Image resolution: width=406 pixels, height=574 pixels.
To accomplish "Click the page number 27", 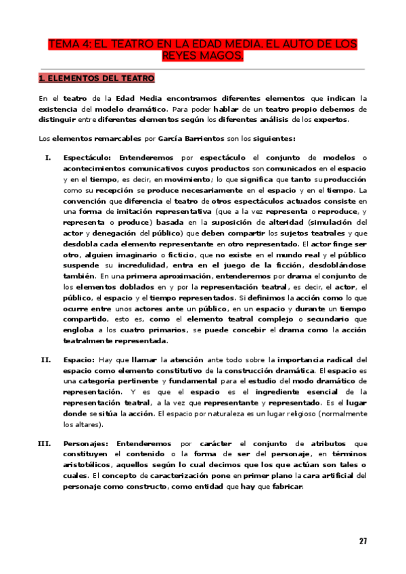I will [363, 541].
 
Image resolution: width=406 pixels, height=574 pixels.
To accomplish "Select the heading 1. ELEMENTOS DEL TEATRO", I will [97, 79].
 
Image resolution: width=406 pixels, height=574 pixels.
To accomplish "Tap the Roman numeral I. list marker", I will [48, 158].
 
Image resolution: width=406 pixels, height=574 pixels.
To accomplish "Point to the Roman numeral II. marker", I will [46, 359].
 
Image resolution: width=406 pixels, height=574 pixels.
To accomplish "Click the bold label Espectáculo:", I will [89, 158].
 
